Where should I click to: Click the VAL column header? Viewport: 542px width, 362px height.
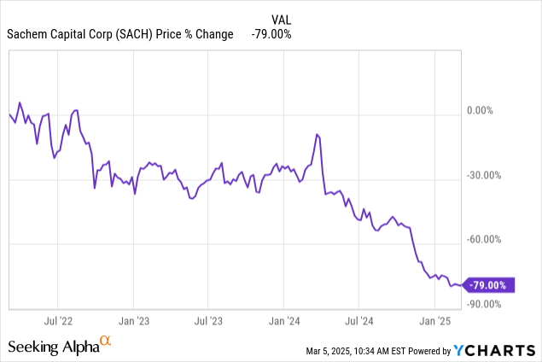click(x=281, y=18)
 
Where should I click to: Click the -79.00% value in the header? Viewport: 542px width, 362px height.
click(x=271, y=34)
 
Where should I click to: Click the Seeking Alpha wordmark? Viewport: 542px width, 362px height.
click(x=53, y=347)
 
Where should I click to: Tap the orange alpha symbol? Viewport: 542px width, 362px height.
click(x=106, y=342)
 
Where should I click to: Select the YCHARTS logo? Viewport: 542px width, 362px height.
click(x=494, y=350)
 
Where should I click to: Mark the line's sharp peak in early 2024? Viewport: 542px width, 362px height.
click(x=317, y=134)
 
